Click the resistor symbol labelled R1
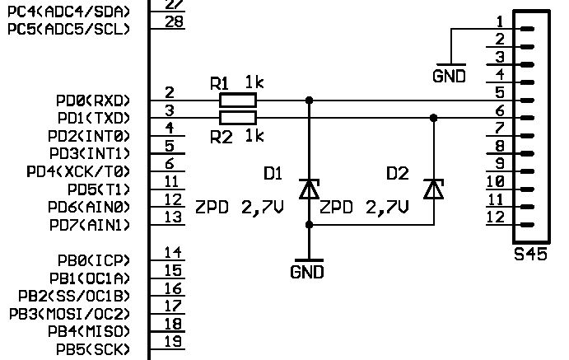point(238,101)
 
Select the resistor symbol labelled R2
point(238,118)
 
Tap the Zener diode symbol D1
point(309,189)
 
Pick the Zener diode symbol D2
point(434,189)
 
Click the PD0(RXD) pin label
point(93,101)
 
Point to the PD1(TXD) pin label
point(94,119)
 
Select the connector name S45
point(530,254)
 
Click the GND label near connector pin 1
point(450,77)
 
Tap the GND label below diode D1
point(307,272)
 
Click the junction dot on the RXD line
point(309,101)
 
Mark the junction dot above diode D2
point(434,118)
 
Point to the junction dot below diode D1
point(309,225)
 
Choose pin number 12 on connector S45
point(496,217)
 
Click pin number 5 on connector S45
point(500,92)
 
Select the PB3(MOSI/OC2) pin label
point(69,314)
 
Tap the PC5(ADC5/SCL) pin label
point(68,29)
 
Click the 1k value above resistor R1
point(254,82)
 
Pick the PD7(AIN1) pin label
point(90,226)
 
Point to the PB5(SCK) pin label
point(93,349)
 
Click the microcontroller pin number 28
point(175,21)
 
